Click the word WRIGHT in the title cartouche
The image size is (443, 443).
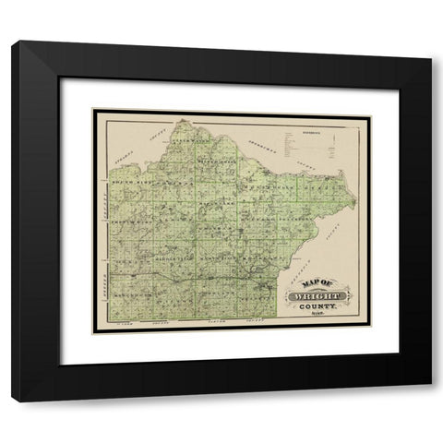[x=318, y=295]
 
